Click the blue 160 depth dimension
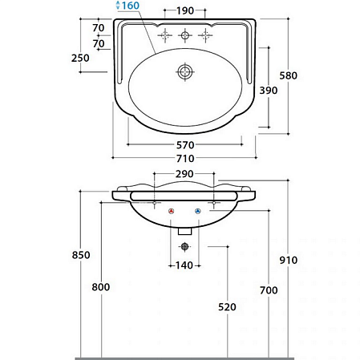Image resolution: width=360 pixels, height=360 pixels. pyautogui.click(x=131, y=6)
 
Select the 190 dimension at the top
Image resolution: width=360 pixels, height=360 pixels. pyautogui.click(x=185, y=10)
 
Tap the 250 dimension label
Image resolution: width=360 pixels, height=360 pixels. pyautogui.click(x=80, y=58)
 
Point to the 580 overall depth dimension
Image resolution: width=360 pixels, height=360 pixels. pyautogui.click(x=288, y=75)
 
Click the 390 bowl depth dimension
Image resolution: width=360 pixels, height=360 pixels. pyautogui.click(x=269, y=91)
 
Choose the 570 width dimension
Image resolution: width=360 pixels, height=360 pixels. pyautogui.click(x=185, y=145)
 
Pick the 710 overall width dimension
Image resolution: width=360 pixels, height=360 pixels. pyautogui.click(x=185, y=159)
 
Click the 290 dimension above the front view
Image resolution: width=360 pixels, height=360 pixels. pyautogui.click(x=184, y=174)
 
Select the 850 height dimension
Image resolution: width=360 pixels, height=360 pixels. pyautogui.click(x=81, y=255)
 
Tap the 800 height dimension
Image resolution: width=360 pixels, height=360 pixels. pyautogui.click(x=101, y=287)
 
